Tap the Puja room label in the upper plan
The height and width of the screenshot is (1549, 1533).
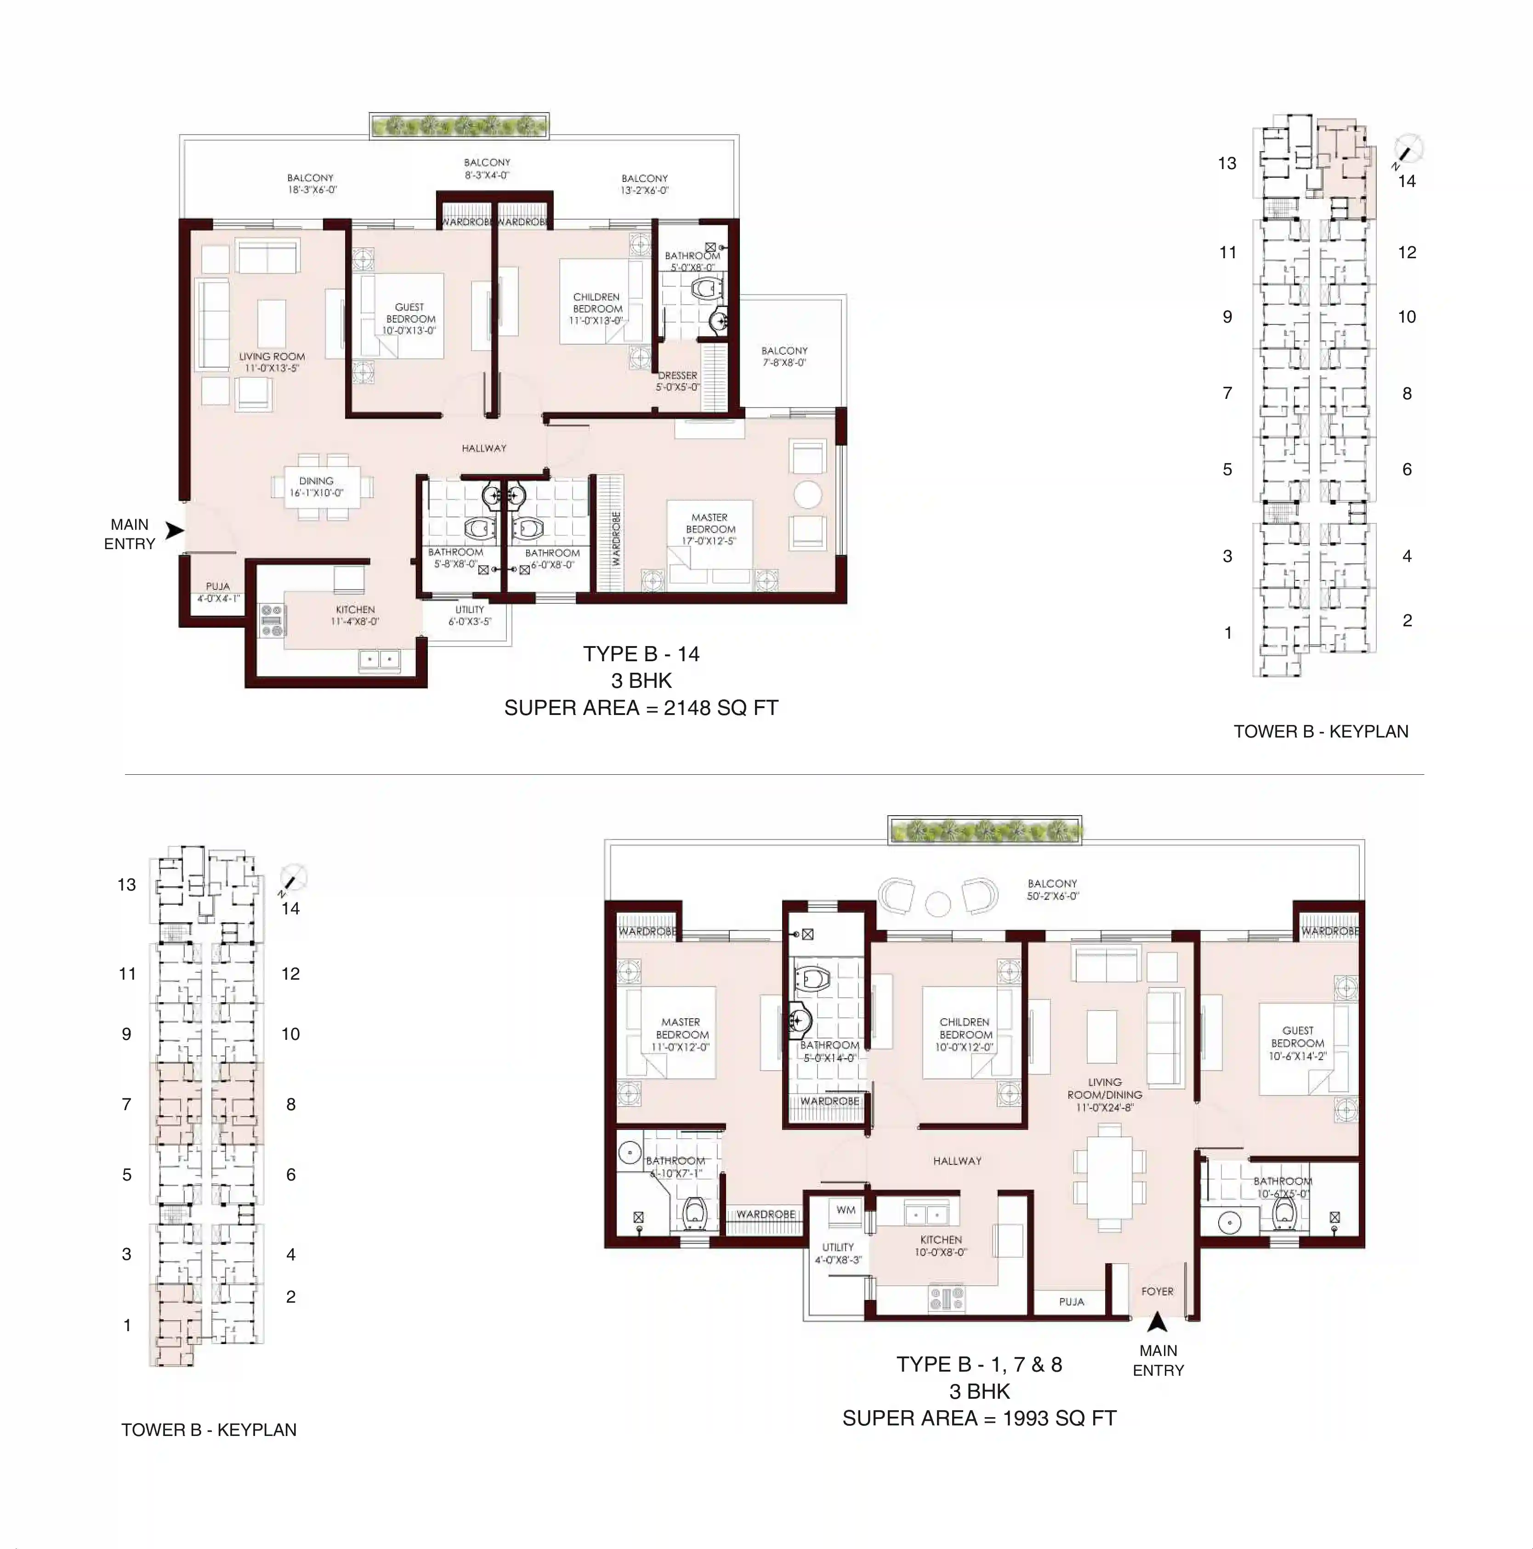click(218, 592)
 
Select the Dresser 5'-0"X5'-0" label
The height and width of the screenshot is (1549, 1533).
click(677, 381)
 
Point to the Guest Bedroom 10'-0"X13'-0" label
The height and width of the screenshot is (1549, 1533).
click(410, 318)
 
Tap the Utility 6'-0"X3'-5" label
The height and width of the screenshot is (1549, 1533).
click(470, 615)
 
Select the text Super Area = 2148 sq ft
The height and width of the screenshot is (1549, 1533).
click(641, 708)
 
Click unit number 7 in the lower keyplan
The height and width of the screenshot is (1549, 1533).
click(127, 1104)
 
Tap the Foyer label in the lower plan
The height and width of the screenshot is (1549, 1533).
click(1157, 1291)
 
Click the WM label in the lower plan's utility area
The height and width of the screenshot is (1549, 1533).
click(846, 1210)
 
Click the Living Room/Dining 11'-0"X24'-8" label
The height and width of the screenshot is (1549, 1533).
click(1104, 1095)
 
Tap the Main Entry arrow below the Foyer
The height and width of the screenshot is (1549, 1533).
click(1157, 1321)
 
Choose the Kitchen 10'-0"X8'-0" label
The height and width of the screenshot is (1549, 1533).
click(941, 1245)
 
